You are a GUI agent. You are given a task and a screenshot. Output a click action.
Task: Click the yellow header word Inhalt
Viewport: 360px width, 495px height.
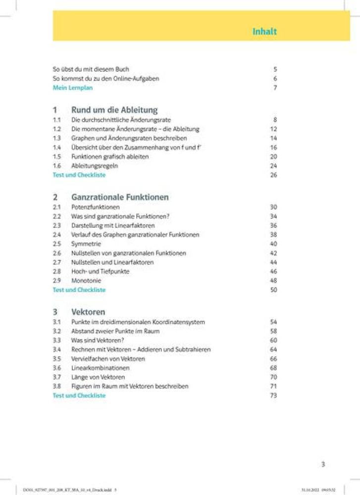click(264, 32)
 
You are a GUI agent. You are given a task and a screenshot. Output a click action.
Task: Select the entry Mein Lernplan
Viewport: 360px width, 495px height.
click(73, 88)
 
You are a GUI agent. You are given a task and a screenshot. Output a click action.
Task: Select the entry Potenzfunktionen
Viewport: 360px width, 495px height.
click(96, 207)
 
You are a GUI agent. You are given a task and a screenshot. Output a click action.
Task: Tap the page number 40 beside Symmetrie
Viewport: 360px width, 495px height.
click(273, 244)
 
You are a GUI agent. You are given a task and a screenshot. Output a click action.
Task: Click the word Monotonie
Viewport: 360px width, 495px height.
click(86, 281)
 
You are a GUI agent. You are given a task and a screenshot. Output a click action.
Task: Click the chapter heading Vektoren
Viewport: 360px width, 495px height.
click(88, 312)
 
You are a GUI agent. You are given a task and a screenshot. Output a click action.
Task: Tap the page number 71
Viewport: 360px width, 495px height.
click(273, 386)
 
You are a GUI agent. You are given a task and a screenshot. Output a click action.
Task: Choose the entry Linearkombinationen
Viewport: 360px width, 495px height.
click(100, 368)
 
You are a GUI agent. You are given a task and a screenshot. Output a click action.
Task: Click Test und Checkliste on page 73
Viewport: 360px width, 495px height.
click(79, 396)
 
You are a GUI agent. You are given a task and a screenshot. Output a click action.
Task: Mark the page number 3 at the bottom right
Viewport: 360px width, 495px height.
click(323, 464)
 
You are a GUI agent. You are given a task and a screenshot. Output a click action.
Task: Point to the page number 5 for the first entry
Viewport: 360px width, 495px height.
click(275, 70)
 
